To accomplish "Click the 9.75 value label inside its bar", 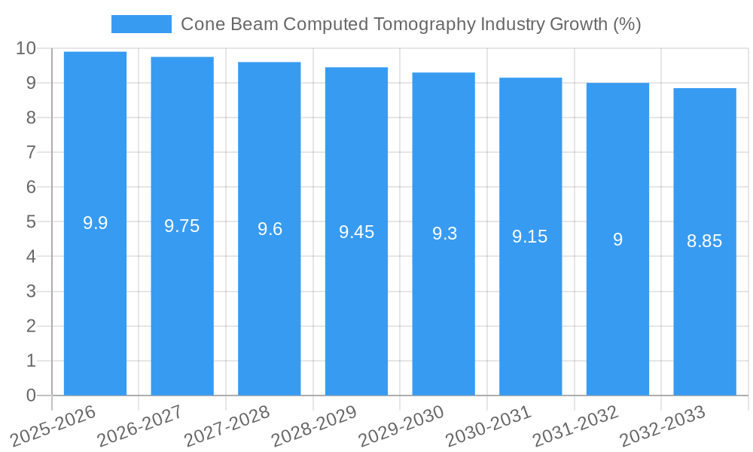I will coord(182,226).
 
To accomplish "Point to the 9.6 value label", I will coord(270,229).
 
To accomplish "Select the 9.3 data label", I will coord(444,234).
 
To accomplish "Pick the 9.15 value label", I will coord(530,237).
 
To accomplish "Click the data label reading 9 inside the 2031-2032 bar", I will coord(617,240).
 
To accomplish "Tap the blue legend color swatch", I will coord(141,24).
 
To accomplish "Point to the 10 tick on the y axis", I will coord(26,48).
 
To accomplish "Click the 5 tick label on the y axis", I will coord(31,222).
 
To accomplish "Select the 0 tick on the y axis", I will coord(31,395).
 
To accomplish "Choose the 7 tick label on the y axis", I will coord(31,152).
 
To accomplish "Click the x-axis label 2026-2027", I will coord(140,426).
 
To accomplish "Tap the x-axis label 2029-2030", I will coord(401,426).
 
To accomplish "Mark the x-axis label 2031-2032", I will coord(575,426).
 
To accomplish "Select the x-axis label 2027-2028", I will coord(227,426).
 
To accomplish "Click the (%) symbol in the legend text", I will coord(626,24).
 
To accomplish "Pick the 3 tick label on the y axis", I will coord(31,292).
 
